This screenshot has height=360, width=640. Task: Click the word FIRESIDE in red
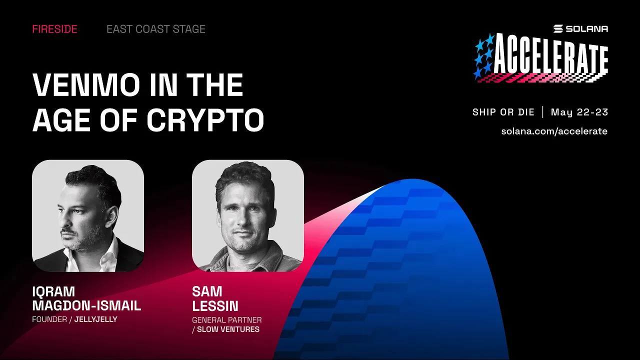54,29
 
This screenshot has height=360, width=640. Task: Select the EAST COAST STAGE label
155,29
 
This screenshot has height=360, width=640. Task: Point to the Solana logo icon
558,29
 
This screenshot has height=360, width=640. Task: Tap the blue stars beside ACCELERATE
484,56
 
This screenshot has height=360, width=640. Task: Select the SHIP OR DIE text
503,112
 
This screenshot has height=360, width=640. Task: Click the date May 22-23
579,112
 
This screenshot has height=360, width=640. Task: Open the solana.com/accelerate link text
554,131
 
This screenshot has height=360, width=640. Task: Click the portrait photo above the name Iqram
88,216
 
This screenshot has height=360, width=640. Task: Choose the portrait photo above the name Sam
248,216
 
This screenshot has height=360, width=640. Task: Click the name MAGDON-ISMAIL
86,305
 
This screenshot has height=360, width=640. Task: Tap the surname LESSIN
215,305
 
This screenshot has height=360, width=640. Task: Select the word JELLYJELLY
95,319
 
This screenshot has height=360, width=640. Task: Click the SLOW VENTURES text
228,329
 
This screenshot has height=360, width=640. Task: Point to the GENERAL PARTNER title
226,320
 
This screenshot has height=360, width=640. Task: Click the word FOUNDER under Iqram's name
48,319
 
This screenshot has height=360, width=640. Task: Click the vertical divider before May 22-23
543,112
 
